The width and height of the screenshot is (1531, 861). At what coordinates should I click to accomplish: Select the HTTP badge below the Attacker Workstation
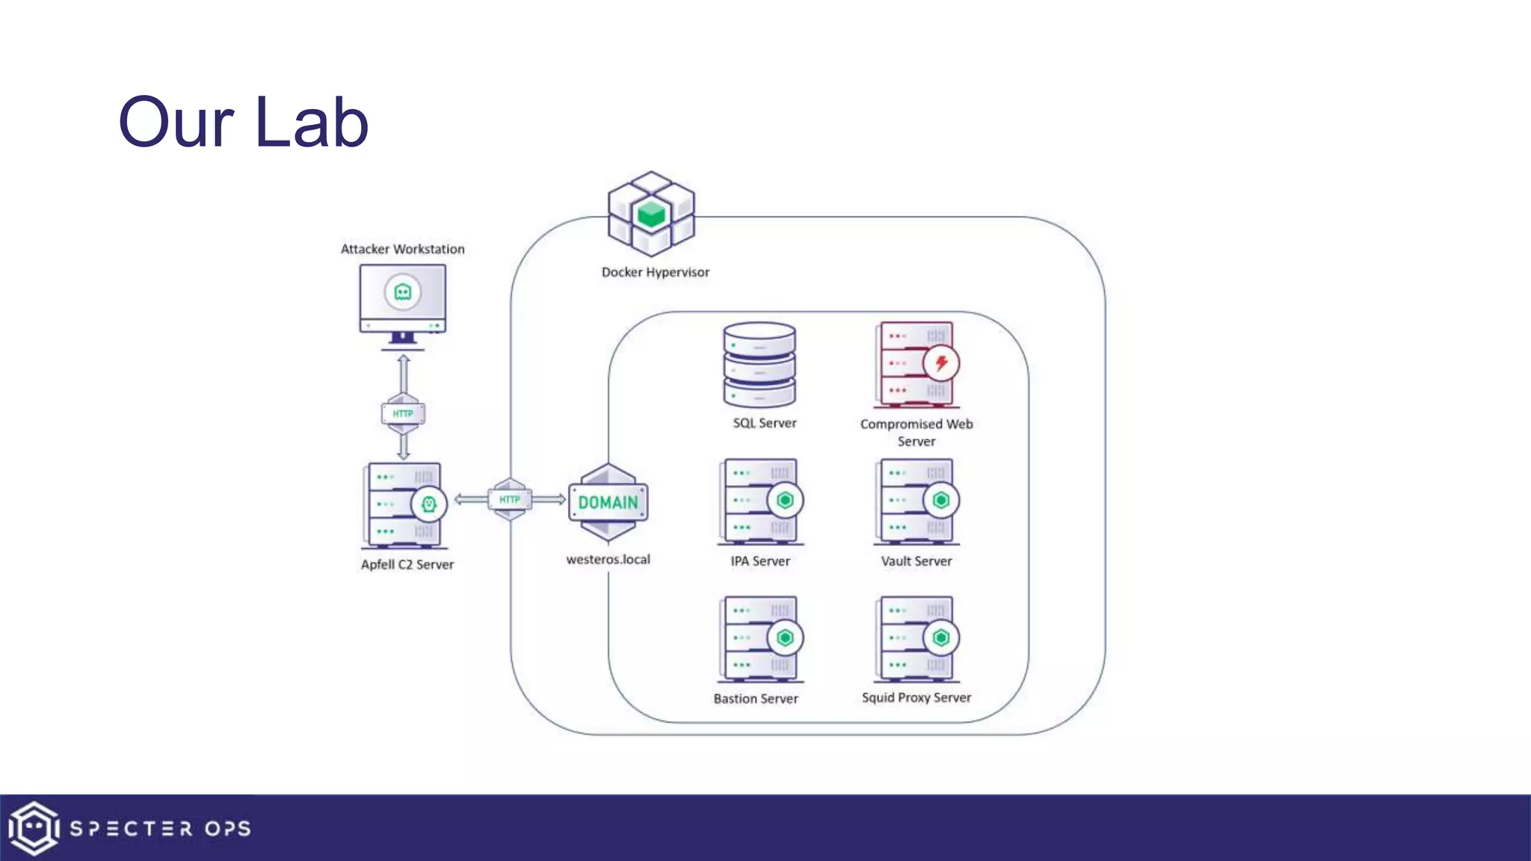(403, 413)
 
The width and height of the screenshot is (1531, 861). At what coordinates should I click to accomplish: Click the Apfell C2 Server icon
(404, 505)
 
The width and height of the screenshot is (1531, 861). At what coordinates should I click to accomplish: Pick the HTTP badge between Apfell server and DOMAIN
(510, 499)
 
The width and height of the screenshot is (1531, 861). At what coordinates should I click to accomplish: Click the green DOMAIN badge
(609, 502)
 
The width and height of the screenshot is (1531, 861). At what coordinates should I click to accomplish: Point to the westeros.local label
(608, 559)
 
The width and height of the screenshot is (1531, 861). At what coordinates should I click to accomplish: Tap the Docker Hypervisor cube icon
(651, 214)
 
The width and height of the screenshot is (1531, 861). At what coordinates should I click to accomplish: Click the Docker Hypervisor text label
(655, 272)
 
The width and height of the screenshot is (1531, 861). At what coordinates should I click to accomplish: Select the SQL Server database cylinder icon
(760, 365)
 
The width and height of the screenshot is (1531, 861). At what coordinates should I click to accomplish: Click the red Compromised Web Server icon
(917, 365)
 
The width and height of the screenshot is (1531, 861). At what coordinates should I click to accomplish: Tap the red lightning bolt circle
(941, 363)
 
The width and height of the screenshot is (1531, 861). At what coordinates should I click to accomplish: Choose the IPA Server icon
(761, 502)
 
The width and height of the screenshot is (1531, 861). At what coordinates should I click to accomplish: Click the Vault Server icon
(917, 502)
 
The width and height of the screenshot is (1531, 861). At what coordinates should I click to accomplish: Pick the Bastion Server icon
(761, 639)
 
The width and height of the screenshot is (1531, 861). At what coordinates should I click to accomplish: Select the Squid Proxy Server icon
(917, 639)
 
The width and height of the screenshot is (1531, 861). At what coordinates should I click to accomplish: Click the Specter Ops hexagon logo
(34, 828)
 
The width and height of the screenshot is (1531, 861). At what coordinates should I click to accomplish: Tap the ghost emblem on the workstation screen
(403, 291)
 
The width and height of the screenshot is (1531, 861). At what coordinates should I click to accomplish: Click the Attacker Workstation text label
(402, 249)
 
